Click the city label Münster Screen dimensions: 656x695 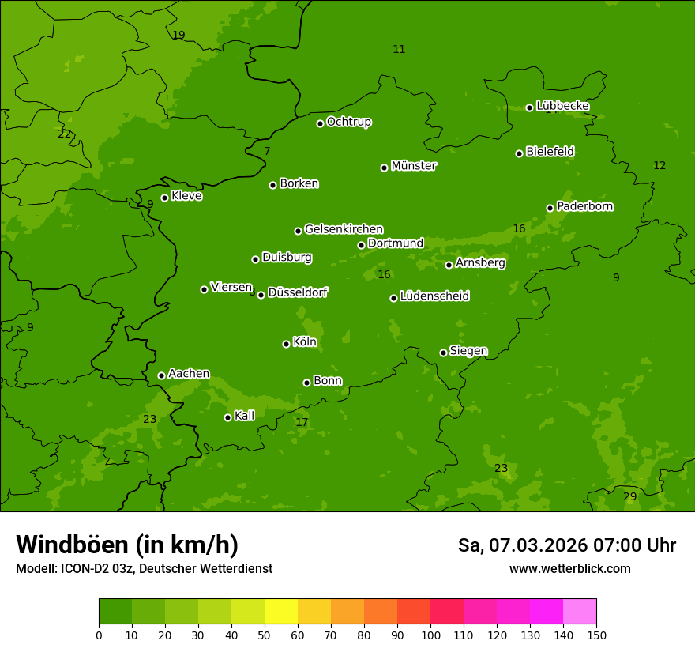click(414, 166)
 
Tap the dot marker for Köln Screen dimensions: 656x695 click(286, 344)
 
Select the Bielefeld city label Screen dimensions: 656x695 click(550, 152)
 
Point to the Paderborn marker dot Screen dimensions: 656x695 click(550, 208)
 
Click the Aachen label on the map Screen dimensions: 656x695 click(189, 374)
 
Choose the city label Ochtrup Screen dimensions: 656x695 click(349, 122)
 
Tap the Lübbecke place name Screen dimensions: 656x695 click(562, 106)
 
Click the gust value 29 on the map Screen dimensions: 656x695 click(629, 496)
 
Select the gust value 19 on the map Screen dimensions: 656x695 click(178, 35)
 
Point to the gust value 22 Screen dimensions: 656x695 click(64, 134)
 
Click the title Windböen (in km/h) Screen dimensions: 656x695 click(127, 545)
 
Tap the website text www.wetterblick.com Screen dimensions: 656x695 click(569, 568)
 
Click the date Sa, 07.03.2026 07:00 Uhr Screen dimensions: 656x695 click(566, 545)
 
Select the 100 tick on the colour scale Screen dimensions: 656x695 click(430, 634)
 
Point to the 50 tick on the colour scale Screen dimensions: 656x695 click(265, 634)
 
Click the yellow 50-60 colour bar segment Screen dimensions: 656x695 click(281, 612)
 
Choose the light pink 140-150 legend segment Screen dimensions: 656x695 click(580, 612)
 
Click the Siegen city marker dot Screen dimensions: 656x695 click(443, 353)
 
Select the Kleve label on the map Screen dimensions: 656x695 click(186, 196)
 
